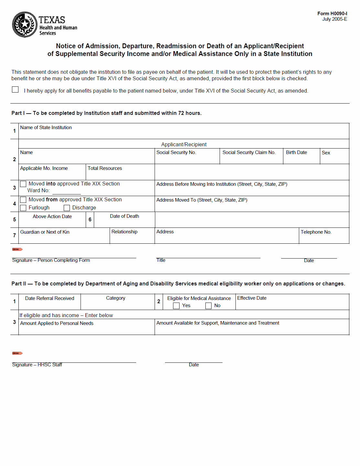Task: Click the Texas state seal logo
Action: tap(25, 25)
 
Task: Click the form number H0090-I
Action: tap(332, 14)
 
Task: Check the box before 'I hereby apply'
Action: tap(15, 90)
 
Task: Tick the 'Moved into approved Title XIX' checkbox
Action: tap(23, 184)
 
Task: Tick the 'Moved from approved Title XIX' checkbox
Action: tap(23, 200)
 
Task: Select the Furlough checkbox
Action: tap(23, 208)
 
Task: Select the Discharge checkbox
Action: tap(67, 208)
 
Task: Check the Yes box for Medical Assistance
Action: tap(176, 306)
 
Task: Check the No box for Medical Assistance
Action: tap(209, 306)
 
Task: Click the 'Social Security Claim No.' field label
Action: tap(249, 152)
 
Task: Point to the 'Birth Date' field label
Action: tap(296, 152)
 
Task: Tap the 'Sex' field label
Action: tap(326, 153)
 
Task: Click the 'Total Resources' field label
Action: tap(105, 168)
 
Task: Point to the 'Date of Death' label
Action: tap(125, 216)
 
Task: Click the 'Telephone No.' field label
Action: tap(316, 232)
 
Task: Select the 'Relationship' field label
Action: tap(125, 232)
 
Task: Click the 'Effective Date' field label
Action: tap(252, 298)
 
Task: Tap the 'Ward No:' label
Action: tap(38, 191)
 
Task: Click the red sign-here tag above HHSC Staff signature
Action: tap(17, 353)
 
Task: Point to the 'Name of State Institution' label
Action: tap(46, 128)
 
